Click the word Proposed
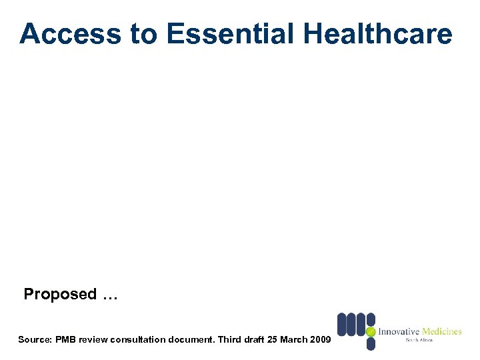(x=60, y=294)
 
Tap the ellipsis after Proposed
(x=110, y=295)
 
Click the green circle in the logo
(x=371, y=331)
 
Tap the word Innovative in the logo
(x=399, y=331)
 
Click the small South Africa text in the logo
(x=419, y=341)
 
